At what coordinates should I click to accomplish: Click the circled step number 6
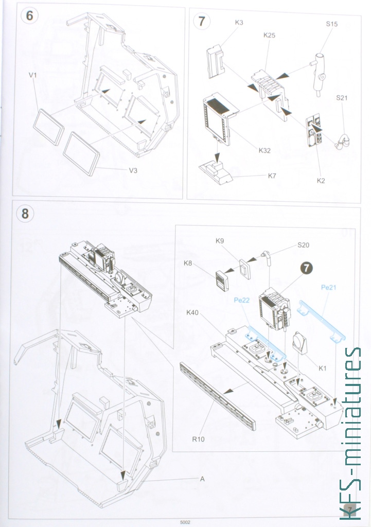tap(29, 15)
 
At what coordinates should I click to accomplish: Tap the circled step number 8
tap(26, 213)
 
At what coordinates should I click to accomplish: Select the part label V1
tap(33, 75)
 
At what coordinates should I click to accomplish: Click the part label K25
tap(269, 35)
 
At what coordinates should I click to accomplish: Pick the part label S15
tap(332, 24)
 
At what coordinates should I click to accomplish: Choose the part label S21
tap(342, 97)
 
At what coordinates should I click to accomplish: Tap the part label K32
tap(265, 151)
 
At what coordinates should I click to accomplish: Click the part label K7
tap(273, 175)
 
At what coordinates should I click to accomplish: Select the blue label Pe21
tap(328, 287)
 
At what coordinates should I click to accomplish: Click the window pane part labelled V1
tap(49, 127)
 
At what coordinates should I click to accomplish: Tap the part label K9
tap(220, 241)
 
